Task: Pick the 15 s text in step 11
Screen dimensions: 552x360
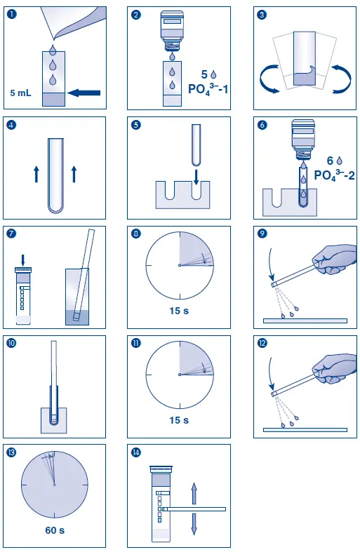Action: pos(180,420)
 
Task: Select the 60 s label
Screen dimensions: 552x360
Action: pos(54,530)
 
